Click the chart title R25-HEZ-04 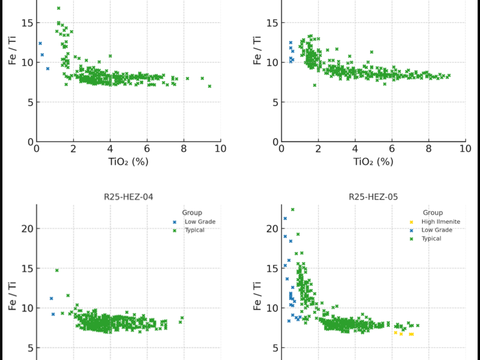[x=130, y=196]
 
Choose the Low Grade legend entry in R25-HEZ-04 [x=199, y=222]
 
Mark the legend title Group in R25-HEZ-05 [x=433, y=212]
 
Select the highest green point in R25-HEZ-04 [x=57, y=271]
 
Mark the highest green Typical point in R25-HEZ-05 [x=293, y=209]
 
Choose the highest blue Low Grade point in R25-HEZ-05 [x=285, y=218]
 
